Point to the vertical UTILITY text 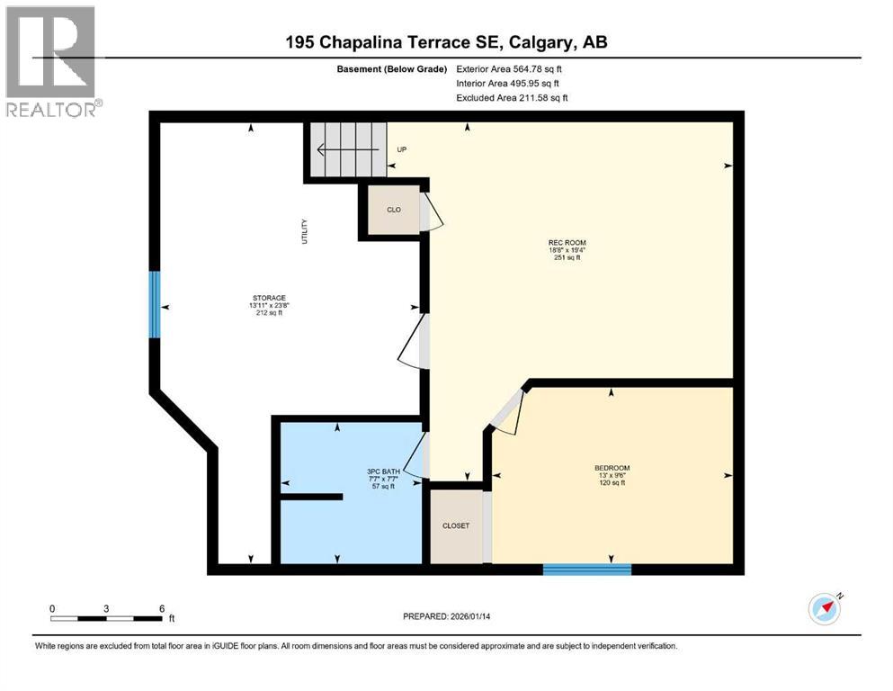pos(305,232)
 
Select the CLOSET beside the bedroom pos(455,526)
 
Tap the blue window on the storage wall pos(155,304)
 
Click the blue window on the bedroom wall pos(587,569)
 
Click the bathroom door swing pos(416,455)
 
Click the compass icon pos(824,609)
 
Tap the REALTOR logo pos(51,60)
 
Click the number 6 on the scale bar pos(161,608)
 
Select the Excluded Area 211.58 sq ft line pos(512,97)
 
